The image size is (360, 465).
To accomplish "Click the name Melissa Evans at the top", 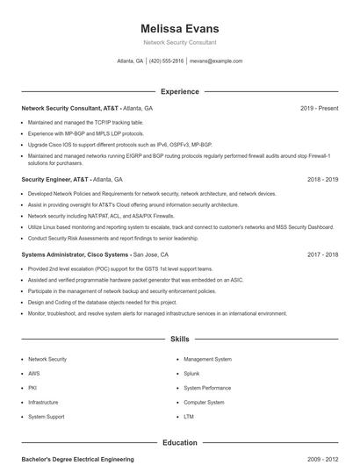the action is point(179,29).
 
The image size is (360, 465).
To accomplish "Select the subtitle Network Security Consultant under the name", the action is point(179,42).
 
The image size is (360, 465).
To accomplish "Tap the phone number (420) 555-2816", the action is point(166,61).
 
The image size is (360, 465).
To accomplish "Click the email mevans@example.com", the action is point(215,61).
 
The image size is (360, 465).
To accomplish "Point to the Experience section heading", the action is point(179,91).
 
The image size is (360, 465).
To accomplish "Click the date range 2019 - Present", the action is point(319,108).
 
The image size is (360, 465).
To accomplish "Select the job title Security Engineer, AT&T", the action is point(54,179).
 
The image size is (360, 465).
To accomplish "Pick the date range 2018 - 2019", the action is point(322,179).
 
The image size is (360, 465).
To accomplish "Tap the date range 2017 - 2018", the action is point(322,254).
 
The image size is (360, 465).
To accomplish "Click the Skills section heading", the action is point(179,338).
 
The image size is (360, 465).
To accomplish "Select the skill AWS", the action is point(33,373).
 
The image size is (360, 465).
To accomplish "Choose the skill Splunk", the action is point(191,373).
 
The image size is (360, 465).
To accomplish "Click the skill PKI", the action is point(32,387).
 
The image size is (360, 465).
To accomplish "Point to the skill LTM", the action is point(189,416).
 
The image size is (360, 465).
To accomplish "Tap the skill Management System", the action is point(207,359).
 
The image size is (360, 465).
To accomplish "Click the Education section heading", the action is point(179,443).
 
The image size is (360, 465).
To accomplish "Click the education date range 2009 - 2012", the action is point(322,459).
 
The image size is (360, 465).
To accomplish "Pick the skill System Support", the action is point(46,416).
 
